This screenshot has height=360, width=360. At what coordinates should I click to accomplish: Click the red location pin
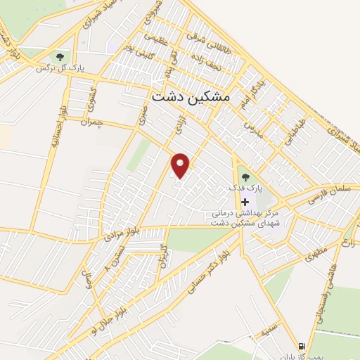pos(181,164)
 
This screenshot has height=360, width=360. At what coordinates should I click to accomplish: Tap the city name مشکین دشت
pos(191,99)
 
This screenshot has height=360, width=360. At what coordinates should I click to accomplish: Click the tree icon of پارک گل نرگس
pos(59,56)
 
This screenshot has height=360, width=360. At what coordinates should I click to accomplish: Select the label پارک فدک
pos(244,189)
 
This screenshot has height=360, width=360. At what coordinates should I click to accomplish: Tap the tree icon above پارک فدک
pos(245,176)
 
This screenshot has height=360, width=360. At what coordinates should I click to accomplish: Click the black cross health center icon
pos(245,202)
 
